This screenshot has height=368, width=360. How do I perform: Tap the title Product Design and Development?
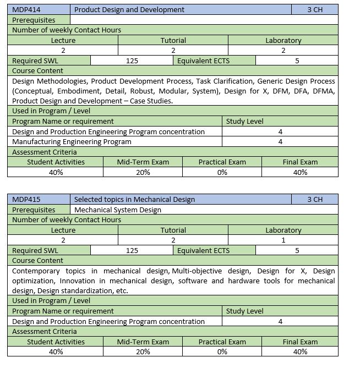coord(129,9)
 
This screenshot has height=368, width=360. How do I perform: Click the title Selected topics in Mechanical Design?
coord(134,199)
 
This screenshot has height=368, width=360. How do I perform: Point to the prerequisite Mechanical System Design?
coord(118,210)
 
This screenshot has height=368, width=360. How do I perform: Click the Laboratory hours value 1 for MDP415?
coord(283,240)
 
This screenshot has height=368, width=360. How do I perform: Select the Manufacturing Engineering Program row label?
coord(72,141)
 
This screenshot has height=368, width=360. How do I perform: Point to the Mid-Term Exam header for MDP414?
coord(143,162)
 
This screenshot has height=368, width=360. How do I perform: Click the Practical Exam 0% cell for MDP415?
coord(222,351)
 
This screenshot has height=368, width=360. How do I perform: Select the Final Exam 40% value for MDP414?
coord(300,172)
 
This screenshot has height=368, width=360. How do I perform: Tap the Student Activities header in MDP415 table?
coord(56,342)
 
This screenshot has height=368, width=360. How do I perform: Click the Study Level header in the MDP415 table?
coord(244,311)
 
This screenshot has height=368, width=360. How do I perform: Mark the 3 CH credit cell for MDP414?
coord(315,9)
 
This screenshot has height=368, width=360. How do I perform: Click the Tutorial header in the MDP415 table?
coord(173,230)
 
